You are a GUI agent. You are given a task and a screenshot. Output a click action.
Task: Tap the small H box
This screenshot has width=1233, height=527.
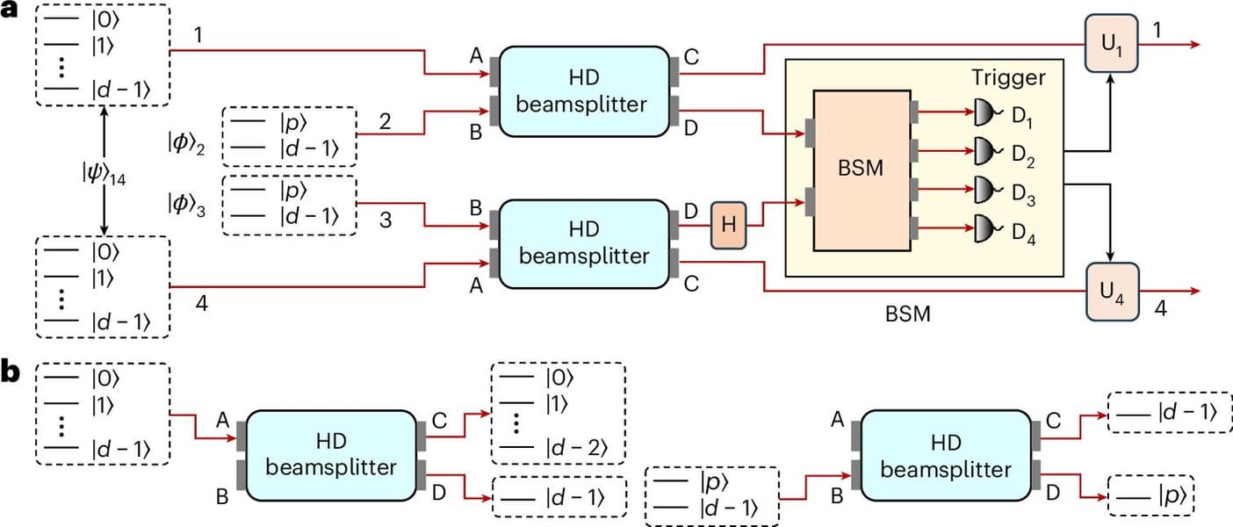point(729,227)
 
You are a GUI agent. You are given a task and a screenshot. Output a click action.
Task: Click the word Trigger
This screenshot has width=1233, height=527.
point(1007,78)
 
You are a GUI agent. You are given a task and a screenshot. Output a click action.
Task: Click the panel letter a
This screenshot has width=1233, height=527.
point(12,16)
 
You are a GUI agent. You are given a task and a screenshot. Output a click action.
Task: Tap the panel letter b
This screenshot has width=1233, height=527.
point(12,372)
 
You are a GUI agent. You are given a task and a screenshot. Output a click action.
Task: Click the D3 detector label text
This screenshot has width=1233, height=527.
point(1025,200)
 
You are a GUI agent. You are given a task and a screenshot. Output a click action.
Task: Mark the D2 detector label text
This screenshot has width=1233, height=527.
point(1025,161)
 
